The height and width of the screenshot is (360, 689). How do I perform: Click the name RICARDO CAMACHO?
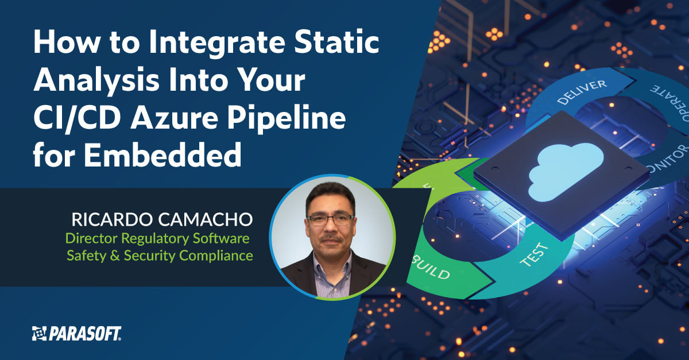[162, 219]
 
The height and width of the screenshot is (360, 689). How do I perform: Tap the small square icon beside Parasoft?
[39, 334]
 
